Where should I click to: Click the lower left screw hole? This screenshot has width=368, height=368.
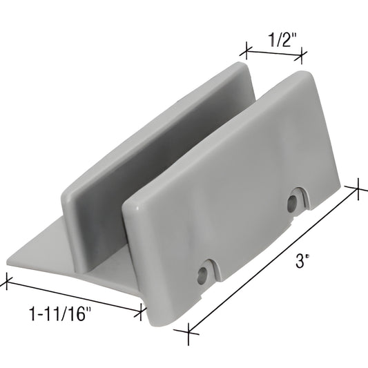[x=202, y=275]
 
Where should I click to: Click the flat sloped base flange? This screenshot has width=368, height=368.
[x=55, y=255]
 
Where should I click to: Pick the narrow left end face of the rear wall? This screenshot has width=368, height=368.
[x=69, y=207]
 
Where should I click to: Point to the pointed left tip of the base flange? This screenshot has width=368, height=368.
[x=10, y=261]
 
